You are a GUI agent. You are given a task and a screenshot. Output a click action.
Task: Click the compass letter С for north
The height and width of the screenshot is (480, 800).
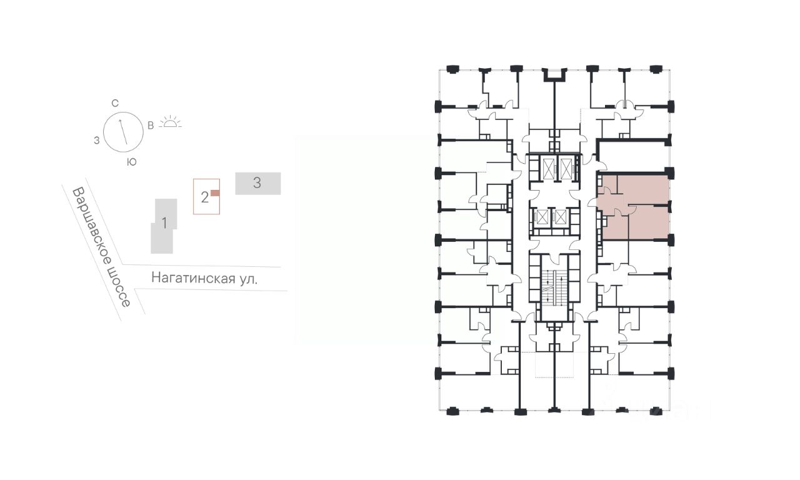[114, 104]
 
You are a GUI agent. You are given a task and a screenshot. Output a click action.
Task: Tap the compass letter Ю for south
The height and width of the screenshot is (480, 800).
[132, 162]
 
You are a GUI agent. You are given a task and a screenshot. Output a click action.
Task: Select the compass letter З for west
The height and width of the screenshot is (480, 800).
[97, 141]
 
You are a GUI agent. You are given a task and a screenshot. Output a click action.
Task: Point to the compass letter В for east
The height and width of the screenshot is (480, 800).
[151, 126]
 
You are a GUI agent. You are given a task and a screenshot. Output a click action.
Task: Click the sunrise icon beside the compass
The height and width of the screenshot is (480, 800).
[171, 122]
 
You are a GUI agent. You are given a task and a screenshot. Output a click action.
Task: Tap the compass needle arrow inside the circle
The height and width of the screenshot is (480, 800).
[123, 132]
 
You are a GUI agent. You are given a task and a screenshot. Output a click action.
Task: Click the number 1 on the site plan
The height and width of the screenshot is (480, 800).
[164, 223]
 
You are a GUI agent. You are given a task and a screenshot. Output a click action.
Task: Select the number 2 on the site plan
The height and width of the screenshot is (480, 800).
[204, 197]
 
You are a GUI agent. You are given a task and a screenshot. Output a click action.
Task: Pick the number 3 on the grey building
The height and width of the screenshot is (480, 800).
[257, 183]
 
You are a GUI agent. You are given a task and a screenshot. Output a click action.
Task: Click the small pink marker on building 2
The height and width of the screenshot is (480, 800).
[215, 193]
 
